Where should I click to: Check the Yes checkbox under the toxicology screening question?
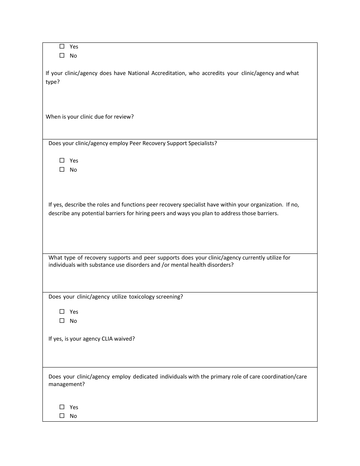pyautogui.click(x=62, y=311)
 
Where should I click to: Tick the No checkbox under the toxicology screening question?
pyautogui.click(x=62, y=321)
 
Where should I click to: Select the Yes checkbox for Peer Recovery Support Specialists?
pyautogui.click(x=62, y=160)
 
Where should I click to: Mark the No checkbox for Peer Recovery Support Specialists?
pyautogui.click(x=62, y=169)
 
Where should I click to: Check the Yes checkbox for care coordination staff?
pyautogui.click(x=62, y=407)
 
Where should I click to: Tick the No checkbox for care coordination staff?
pyautogui.click(x=62, y=416)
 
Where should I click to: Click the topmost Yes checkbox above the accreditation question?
pyautogui.click(x=62, y=46)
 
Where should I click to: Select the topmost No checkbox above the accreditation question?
pyautogui.click(x=62, y=55)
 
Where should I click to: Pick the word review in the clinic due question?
pyautogui.click(x=125, y=117)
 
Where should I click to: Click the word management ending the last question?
pyautogui.click(x=66, y=384)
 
